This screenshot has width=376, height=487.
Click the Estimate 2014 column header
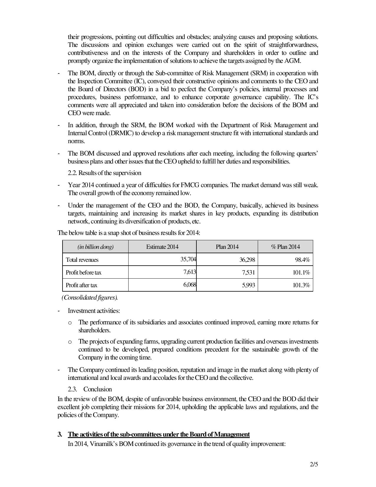162,247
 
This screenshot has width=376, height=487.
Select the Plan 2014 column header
227,247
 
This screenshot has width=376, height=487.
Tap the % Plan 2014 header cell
285,247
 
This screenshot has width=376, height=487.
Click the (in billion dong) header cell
95,247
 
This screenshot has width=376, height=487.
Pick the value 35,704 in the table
188,259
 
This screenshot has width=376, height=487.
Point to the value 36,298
247,260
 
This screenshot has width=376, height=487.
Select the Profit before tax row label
83,272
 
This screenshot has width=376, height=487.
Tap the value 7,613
190,272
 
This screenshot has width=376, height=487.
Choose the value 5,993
248,285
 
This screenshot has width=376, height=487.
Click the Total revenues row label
82,260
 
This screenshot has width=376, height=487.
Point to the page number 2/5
314,464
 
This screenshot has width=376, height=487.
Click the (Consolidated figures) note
90,298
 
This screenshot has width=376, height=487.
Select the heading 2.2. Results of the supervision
104,173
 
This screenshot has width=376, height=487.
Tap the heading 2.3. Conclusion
90,389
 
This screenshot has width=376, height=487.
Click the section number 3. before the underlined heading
60,434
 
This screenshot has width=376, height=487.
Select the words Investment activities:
94,311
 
